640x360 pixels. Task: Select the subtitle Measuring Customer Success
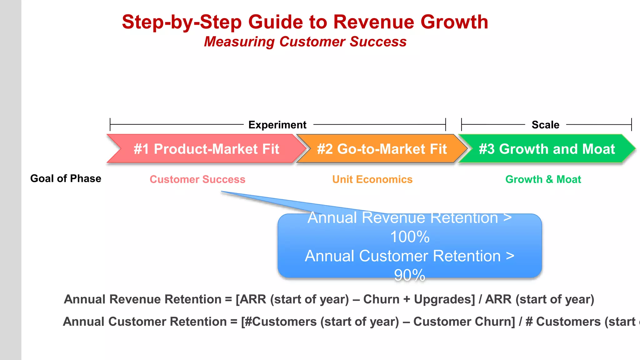(305, 42)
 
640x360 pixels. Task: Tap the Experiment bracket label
(277, 125)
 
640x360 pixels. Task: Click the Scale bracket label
(545, 125)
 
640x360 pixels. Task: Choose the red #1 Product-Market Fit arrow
(206, 149)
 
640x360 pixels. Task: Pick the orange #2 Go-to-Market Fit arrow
(382, 149)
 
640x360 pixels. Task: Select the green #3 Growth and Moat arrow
(547, 149)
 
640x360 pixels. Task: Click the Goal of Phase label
(66, 178)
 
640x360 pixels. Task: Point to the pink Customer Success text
(197, 179)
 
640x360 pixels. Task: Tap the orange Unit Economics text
(372, 179)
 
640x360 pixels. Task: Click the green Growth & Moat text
(543, 179)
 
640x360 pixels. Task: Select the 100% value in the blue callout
(410, 237)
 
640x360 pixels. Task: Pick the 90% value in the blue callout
(410, 275)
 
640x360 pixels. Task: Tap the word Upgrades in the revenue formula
(444, 299)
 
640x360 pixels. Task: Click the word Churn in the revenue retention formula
(381, 299)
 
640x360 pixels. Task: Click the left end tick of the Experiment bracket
(110, 124)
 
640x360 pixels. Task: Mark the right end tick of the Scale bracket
(632, 124)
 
